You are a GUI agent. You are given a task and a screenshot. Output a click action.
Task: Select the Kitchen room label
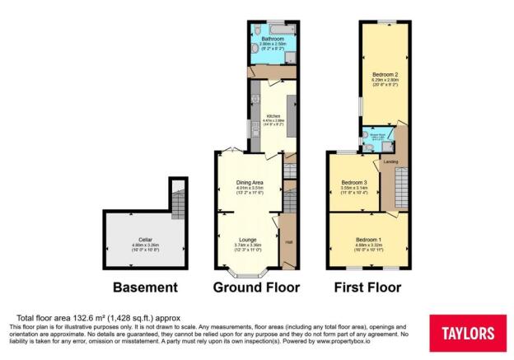(274, 115)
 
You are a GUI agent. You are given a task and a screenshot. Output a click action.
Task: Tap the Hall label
(289, 242)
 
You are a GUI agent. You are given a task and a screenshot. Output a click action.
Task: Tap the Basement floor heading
(146, 288)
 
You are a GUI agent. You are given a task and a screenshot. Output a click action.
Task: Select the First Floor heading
(367, 288)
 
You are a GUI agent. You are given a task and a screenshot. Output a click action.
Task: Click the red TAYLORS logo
(469, 334)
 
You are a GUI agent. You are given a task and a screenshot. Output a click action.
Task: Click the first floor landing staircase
(400, 186)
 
